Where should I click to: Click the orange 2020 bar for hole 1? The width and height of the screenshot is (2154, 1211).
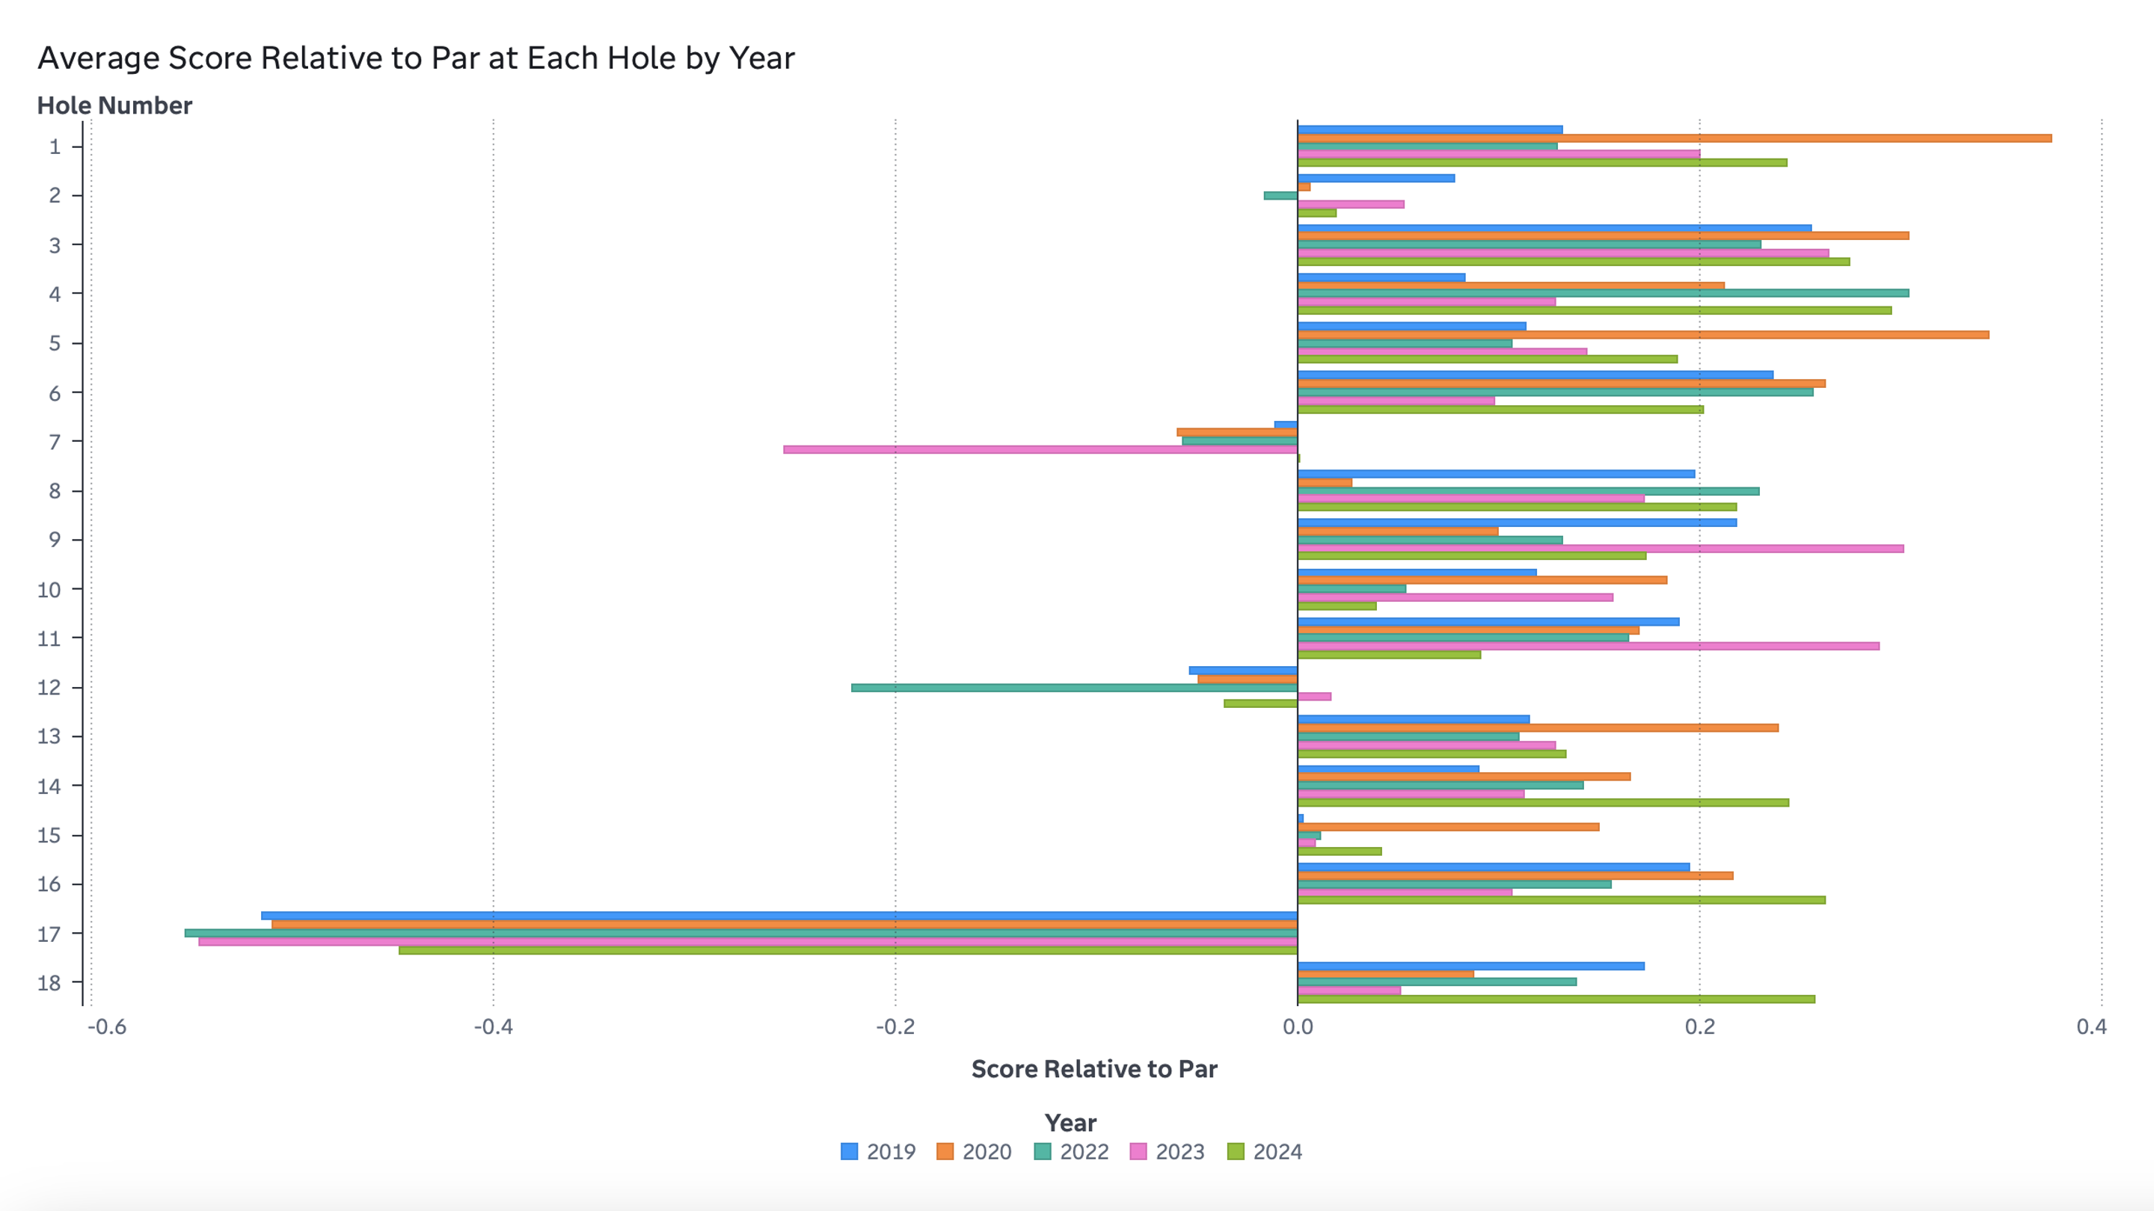click(x=1672, y=138)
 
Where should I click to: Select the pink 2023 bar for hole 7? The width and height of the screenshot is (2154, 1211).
click(x=1040, y=449)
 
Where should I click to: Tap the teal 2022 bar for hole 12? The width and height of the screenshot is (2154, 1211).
click(x=1075, y=688)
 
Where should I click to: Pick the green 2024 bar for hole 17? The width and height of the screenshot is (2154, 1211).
click(x=848, y=950)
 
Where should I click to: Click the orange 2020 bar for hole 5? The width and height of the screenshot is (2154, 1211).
click(x=1643, y=334)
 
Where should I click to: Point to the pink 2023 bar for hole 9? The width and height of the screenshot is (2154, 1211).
click(x=1601, y=548)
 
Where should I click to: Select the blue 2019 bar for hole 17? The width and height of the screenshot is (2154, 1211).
click(x=779, y=916)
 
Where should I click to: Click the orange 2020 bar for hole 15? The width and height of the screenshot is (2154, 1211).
click(x=1448, y=827)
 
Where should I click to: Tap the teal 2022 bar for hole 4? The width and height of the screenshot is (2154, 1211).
click(x=1603, y=293)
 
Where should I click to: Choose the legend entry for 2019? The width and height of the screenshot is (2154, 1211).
click(x=878, y=1152)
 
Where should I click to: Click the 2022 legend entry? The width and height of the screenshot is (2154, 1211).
click(x=1071, y=1152)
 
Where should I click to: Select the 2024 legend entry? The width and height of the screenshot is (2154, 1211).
click(x=1264, y=1152)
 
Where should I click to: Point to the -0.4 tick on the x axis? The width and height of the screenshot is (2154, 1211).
click(x=493, y=1026)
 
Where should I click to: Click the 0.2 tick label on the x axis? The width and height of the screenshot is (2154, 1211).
click(x=1699, y=1026)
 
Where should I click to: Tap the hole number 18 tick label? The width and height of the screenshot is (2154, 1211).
click(x=49, y=983)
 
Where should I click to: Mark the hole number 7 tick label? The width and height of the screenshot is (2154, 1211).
click(x=55, y=441)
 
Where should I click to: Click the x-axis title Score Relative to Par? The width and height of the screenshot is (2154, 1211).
click(x=1093, y=1069)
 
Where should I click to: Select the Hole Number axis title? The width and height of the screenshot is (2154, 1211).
click(x=114, y=105)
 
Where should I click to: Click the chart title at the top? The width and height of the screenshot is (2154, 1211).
click(x=416, y=58)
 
